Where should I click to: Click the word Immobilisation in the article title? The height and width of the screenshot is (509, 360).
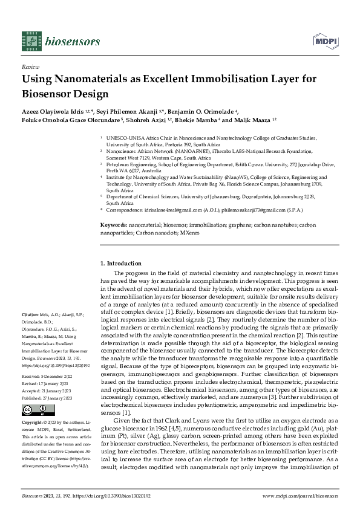click(232, 79)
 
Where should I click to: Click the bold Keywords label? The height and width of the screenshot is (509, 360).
click(114, 224)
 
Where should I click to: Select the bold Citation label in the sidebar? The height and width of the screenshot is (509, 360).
click(30, 315)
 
